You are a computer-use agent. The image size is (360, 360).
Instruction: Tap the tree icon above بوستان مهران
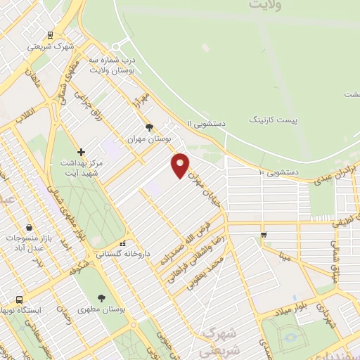tap(148, 127)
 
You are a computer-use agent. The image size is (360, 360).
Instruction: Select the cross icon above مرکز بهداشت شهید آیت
tap(82, 152)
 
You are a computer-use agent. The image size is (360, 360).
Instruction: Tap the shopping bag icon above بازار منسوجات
tap(28, 227)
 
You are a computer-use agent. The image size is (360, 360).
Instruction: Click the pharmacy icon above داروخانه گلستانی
tap(123, 243)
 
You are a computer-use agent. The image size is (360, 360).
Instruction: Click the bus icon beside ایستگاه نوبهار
tap(19, 300)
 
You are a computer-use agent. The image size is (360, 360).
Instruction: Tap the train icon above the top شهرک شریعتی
tap(50, 34)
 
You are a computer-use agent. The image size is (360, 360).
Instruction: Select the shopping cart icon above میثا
tap(263, 235)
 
